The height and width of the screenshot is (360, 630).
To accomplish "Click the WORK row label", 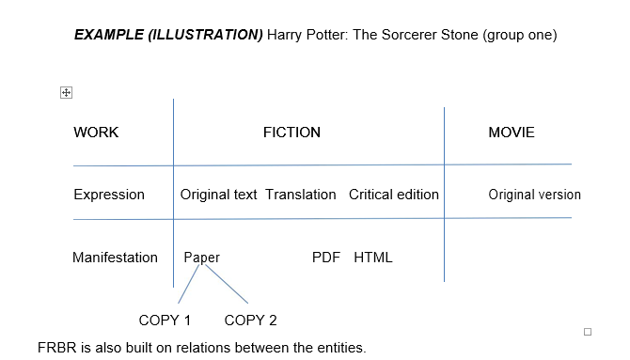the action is (x=96, y=133).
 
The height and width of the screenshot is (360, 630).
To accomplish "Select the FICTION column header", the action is (x=291, y=133).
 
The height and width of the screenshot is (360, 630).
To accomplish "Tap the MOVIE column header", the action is (x=512, y=133).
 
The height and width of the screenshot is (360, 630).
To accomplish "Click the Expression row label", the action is (x=109, y=195).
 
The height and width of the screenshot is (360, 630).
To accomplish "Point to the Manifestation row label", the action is (x=115, y=257).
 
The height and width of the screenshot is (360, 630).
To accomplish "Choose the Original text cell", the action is (x=218, y=195).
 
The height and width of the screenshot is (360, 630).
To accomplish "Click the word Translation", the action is (x=300, y=195).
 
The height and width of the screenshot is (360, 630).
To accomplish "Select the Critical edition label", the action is (x=394, y=195).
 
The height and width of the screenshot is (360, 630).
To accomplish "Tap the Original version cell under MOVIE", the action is (x=534, y=195).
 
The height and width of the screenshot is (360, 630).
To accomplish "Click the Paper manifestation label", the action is (x=201, y=257).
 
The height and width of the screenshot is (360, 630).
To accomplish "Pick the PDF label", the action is (x=325, y=257).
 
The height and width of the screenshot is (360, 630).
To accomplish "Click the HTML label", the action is (x=373, y=257).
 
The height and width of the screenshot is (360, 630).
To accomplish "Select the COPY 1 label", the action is (x=165, y=320).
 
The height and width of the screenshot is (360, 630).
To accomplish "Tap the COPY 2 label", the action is (x=250, y=320).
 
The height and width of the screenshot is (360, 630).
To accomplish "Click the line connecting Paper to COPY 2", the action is (x=227, y=284).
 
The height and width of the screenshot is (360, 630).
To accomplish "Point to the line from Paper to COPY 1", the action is (x=188, y=285).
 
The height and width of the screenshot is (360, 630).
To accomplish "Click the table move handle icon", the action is (x=66, y=92).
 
